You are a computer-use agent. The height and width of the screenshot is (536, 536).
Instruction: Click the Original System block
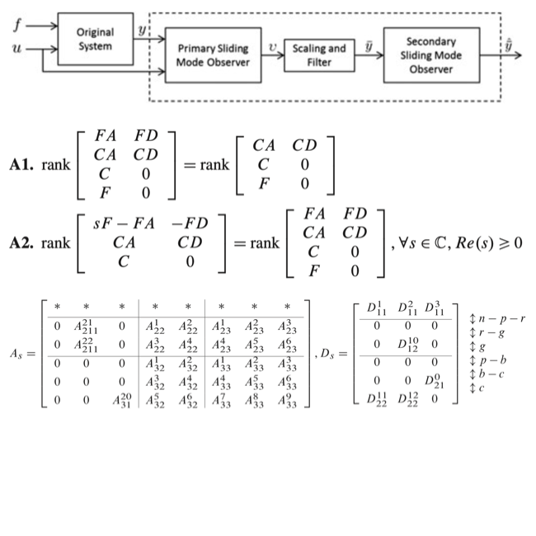(x=95, y=40)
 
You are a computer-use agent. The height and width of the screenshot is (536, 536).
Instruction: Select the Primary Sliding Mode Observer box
(x=213, y=56)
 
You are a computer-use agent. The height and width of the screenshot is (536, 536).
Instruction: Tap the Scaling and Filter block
(x=319, y=54)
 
